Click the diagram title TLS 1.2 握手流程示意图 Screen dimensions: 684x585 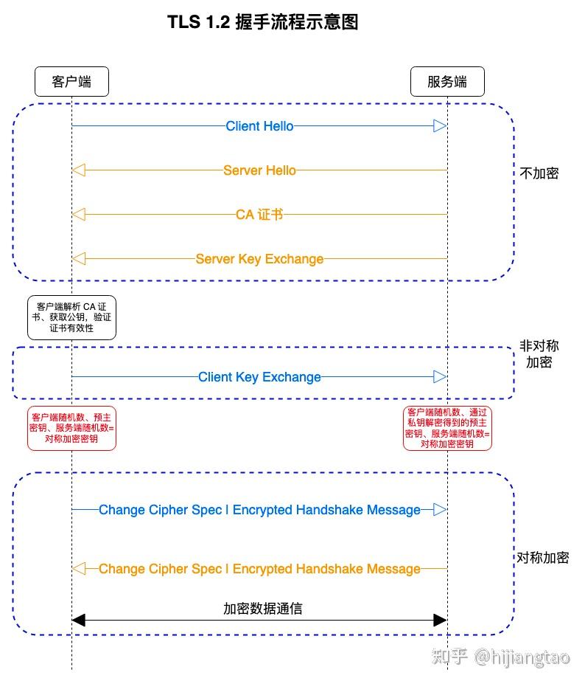[x=263, y=23]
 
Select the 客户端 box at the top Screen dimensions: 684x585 [x=71, y=81]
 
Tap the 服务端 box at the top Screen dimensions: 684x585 [x=447, y=81]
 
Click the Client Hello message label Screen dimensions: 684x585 [x=259, y=126]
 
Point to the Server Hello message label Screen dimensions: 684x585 [x=259, y=170]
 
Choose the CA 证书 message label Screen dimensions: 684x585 [x=259, y=215]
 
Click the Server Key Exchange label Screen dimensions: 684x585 [x=259, y=259]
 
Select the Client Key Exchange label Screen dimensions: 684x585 [x=259, y=377]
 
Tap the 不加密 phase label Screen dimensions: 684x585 [x=539, y=173]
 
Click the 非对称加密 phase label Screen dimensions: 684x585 [x=539, y=354]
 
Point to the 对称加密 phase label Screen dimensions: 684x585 [x=542, y=558]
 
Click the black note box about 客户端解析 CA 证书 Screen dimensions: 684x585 [x=71, y=317]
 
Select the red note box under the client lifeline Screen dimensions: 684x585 [x=71, y=428]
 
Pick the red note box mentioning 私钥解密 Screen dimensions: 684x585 [x=447, y=428]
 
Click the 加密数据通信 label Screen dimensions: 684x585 [x=263, y=609]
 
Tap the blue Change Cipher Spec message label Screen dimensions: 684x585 [x=259, y=510]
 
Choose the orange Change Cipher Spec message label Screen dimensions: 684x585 [x=259, y=569]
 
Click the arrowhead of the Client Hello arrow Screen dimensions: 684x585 [x=440, y=126]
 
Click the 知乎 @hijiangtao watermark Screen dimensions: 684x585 [x=501, y=657]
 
